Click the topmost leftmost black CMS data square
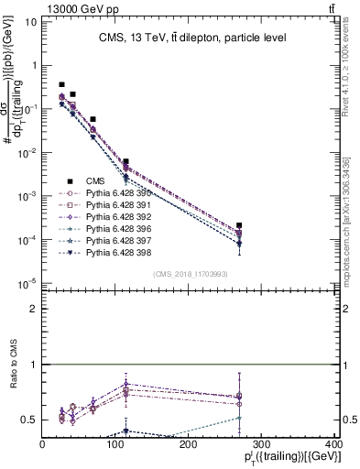click(61, 84)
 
